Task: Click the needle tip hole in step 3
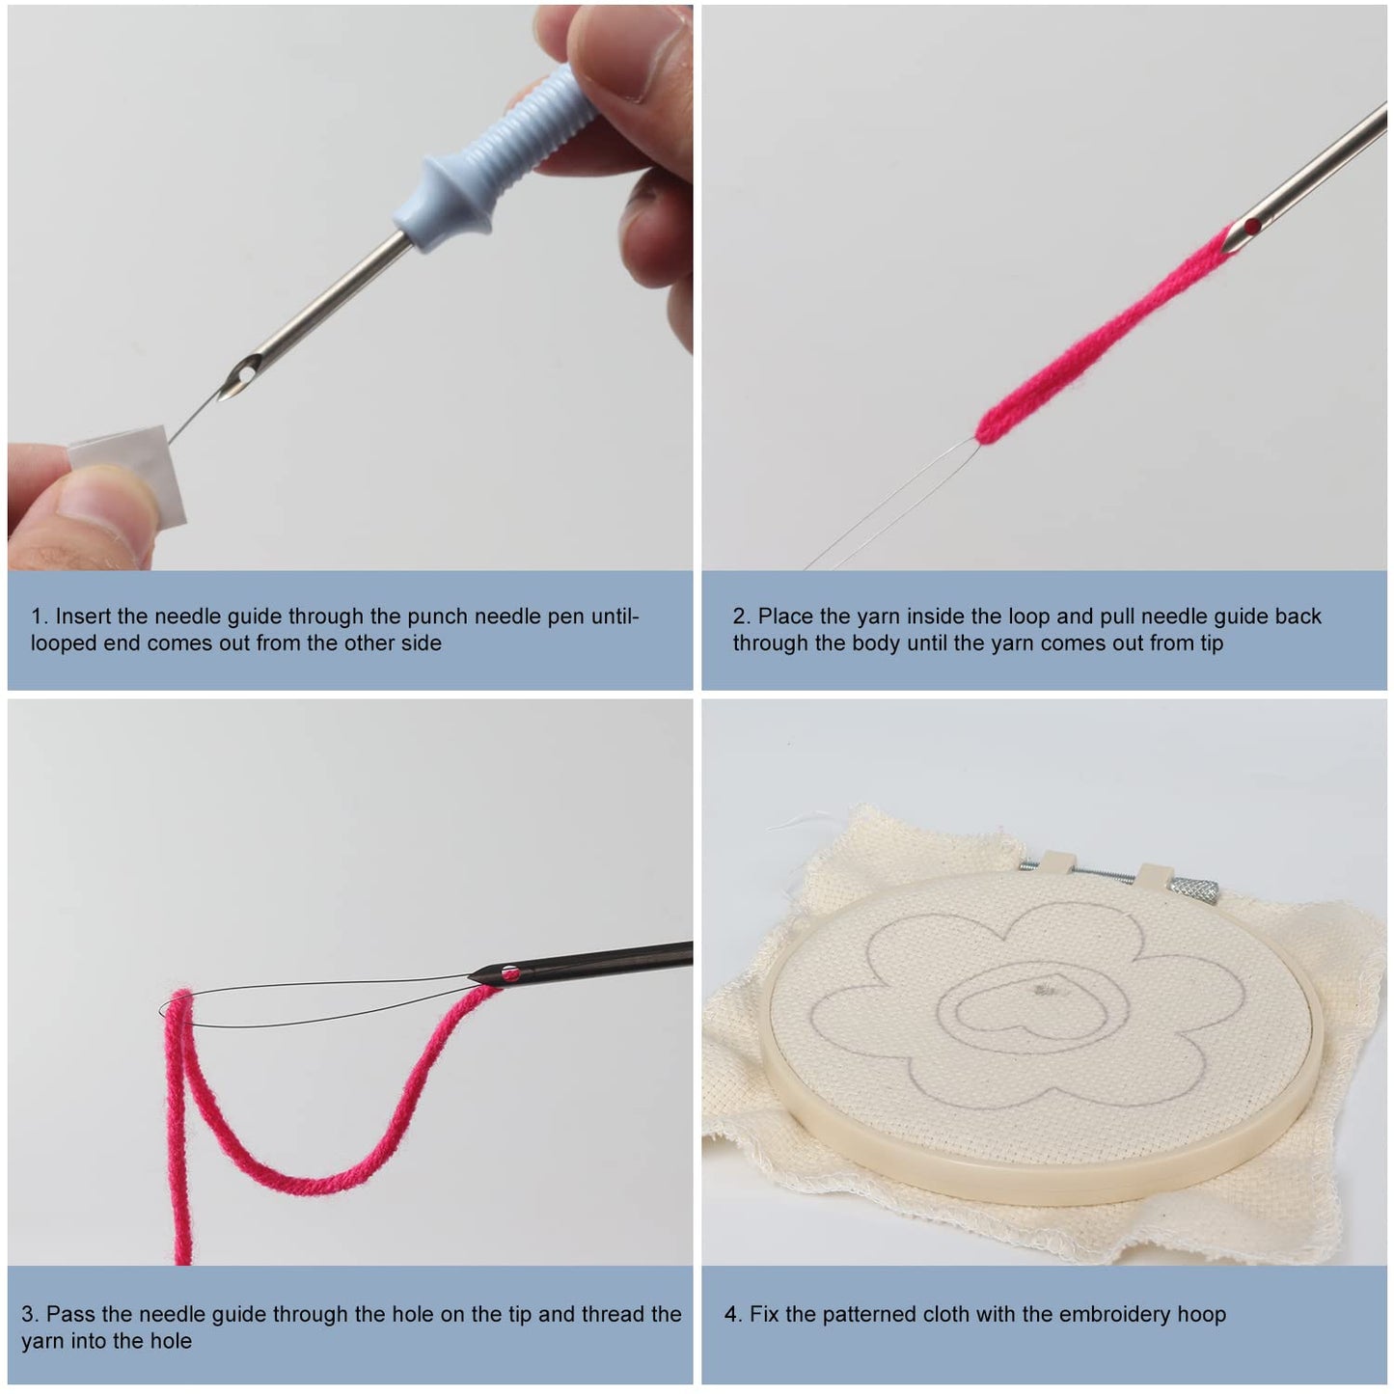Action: (x=512, y=974)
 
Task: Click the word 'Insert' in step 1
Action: (x=83, y=616)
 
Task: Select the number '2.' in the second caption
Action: (x=741, y=616)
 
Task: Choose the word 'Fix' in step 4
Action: (x=765, y=1314)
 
